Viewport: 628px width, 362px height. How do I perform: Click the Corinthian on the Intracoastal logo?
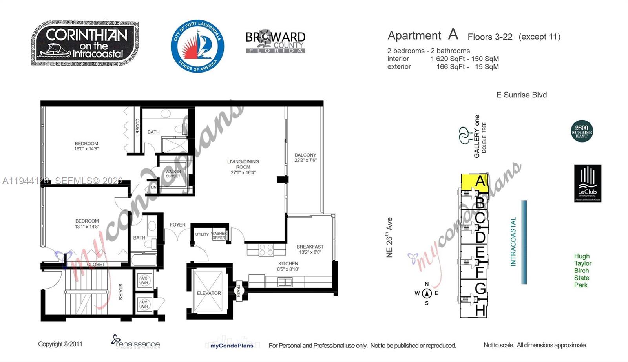85,43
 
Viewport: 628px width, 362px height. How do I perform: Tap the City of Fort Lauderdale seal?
197,46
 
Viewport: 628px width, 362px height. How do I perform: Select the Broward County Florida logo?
275,42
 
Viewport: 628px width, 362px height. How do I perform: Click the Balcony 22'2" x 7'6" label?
305,157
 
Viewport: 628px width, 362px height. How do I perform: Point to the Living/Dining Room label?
243,167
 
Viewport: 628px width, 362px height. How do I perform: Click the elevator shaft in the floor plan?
208,291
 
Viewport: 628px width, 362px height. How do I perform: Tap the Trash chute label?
238,291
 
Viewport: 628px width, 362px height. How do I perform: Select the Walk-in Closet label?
173,174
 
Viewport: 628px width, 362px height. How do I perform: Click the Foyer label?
177,225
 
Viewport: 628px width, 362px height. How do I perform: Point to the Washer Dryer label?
219,236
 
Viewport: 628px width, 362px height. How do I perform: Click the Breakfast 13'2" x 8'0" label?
310,249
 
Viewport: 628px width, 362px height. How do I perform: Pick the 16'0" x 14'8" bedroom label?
86,146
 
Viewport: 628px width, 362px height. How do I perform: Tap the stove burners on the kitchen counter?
267,250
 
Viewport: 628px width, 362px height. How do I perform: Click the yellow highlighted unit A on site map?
475,183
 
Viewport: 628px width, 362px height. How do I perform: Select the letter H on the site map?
480,310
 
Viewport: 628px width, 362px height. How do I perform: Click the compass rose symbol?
427,293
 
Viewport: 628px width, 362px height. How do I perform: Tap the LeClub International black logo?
588,183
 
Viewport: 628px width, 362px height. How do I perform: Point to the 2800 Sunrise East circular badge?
582,131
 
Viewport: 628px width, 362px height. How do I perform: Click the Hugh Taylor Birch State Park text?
582,271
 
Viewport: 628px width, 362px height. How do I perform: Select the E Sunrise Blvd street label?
521,95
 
